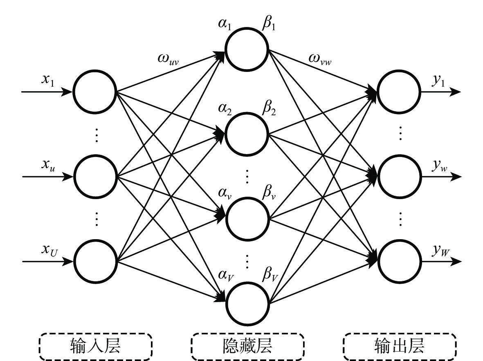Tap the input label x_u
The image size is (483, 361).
point(46,165)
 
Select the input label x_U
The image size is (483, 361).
point(47,249)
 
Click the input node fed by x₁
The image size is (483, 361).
point(95,92)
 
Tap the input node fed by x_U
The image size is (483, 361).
point(95,260)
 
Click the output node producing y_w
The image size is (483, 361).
point(399,177)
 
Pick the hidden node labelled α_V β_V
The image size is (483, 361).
point(247,303)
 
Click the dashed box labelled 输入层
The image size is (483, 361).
point(95,347)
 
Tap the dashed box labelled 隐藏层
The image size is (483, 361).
point(248,347)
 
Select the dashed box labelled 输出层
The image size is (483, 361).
point(400,347)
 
